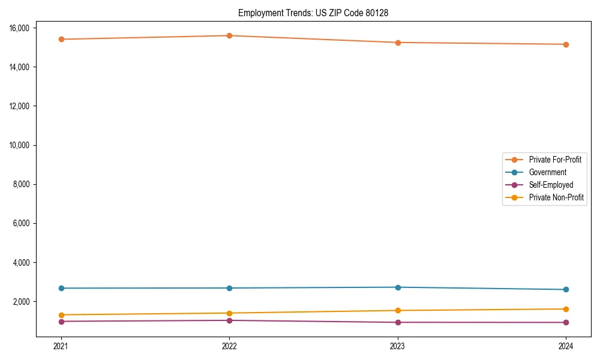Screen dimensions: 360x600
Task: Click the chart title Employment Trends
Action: click(313, 13)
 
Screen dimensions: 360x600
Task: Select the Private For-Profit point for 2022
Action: click(229, 35)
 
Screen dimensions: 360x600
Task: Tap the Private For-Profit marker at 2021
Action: click(61, 39)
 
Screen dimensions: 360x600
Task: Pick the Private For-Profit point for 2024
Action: click(566, 44)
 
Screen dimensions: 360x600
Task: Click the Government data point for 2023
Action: click(398, 287)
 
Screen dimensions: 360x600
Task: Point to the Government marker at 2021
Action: click(61, 288)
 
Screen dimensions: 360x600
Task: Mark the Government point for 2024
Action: click(566, 290)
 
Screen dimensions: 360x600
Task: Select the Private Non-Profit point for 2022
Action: click(229, 313)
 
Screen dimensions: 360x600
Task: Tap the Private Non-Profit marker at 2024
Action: click(566, 309)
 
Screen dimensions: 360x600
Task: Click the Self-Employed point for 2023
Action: click(398, 322)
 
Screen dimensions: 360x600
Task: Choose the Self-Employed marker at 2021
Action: click(61, 322)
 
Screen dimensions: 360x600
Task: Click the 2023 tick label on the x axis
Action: click(398, 346)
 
